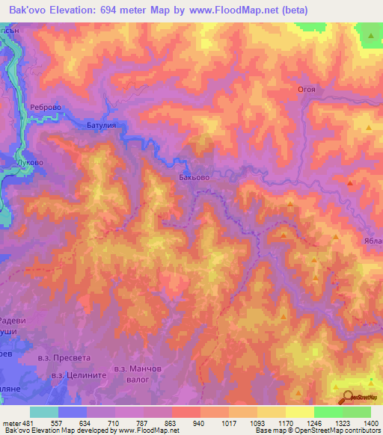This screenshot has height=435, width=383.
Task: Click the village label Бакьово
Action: click(194, 179)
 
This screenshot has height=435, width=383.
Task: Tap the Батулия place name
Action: click(102, 127)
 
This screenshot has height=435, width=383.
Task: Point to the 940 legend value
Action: click(197, 422)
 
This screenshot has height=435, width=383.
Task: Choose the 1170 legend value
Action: click(285, 422)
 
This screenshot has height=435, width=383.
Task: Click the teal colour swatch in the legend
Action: click(44, 412)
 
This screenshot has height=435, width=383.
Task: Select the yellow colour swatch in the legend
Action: click(300, 412)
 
